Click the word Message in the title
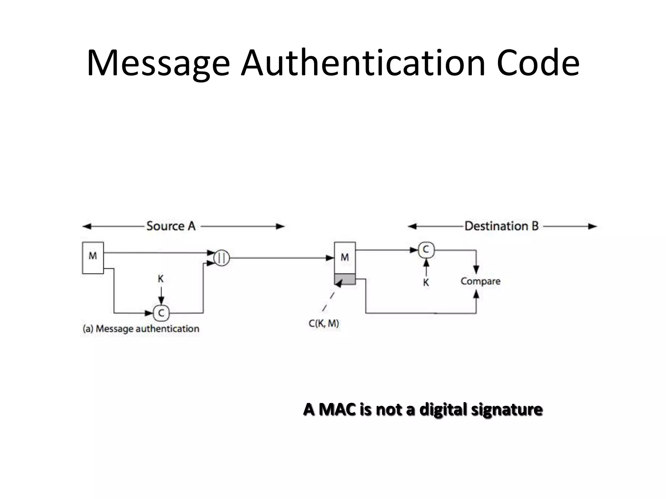(x=158, y=63)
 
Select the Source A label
(x=171, y=226)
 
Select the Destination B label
(x=501, y=226)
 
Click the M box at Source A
(x=93, y=258)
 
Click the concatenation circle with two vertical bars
(x=222, y=258)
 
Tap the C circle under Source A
(x=161, y=313)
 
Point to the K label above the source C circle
(x=161, y=279)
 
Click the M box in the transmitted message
(x=345, y=258)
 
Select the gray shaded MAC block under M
(x=345, y=279)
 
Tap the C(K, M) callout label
(x=324, y=324)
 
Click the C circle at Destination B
(x=426, y=250)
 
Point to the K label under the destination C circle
(x=426, y=283)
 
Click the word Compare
(x=480, y=281)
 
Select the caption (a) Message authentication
(x=141, y=329)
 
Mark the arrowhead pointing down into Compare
(x=476, y=270)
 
